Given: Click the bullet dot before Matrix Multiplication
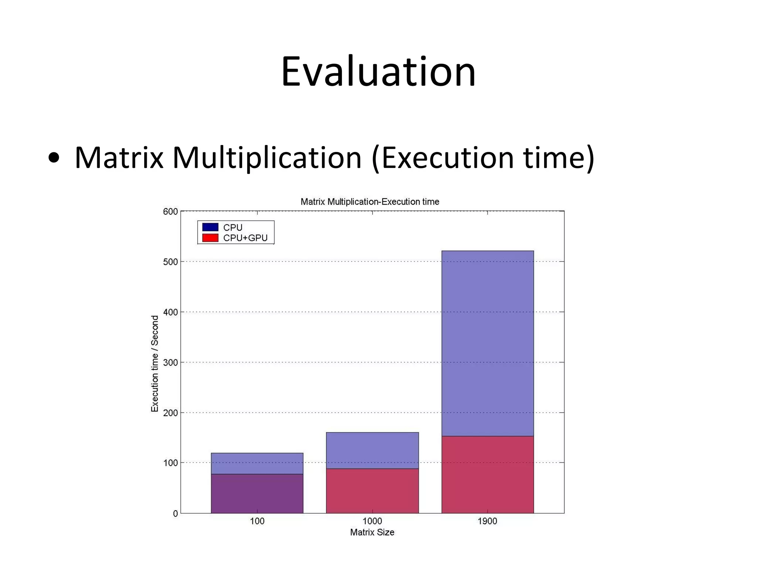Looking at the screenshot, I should (x=54, y=158).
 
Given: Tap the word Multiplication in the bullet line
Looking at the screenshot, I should (x=267, y=158).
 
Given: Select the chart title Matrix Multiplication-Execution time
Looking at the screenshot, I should (x=370, y=202).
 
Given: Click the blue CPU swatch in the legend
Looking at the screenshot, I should (x=210, y=227).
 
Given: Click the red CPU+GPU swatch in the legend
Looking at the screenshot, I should (x=210, y=238).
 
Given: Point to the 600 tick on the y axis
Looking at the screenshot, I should (x=170, y=212).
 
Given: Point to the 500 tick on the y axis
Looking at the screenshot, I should (x=170, y=262).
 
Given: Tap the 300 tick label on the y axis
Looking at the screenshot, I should (x=170, y=362).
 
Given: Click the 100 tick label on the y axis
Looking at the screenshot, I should (x=170, y=463).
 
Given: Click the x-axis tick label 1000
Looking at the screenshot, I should (x=372, y=521).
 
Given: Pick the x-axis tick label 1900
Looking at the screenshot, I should (x=487, y=521).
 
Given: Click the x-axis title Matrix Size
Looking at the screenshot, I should (x=372, y=532).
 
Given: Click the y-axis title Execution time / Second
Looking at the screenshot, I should (x=155, y=364).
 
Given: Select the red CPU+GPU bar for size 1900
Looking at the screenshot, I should (x=487, y=475).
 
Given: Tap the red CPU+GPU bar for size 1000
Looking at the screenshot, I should (x=372, y=491).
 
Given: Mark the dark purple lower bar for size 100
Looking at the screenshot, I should (x=257, y=494).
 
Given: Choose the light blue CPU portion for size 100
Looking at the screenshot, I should (x=257, y=463).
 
